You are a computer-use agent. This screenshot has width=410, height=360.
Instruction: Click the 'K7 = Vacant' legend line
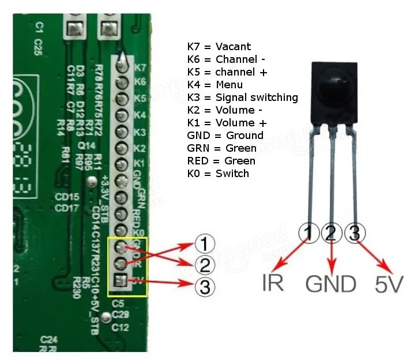click(x=219, y=47)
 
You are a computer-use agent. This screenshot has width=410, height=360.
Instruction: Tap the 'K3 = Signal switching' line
click(x=242, y=97)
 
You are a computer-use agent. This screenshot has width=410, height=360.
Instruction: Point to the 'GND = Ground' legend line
click(x=225, y=136)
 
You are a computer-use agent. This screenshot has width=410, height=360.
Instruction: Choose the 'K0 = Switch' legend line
click(x=218, y=174)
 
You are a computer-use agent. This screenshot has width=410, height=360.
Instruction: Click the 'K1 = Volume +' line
click(x=227, y=123)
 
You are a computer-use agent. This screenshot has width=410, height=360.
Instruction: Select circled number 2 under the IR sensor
click(x=331, y=234)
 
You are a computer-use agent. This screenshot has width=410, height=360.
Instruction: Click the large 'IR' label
click(x=272, y=284)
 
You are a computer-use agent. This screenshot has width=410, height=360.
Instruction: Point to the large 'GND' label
click(x=330, y=284)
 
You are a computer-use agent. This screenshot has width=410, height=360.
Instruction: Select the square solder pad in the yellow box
click(x=122, y=282)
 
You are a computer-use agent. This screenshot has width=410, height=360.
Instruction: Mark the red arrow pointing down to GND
click(x=331, y=257)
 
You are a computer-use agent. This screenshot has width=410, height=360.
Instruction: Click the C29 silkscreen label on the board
click(x=120, y=315)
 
